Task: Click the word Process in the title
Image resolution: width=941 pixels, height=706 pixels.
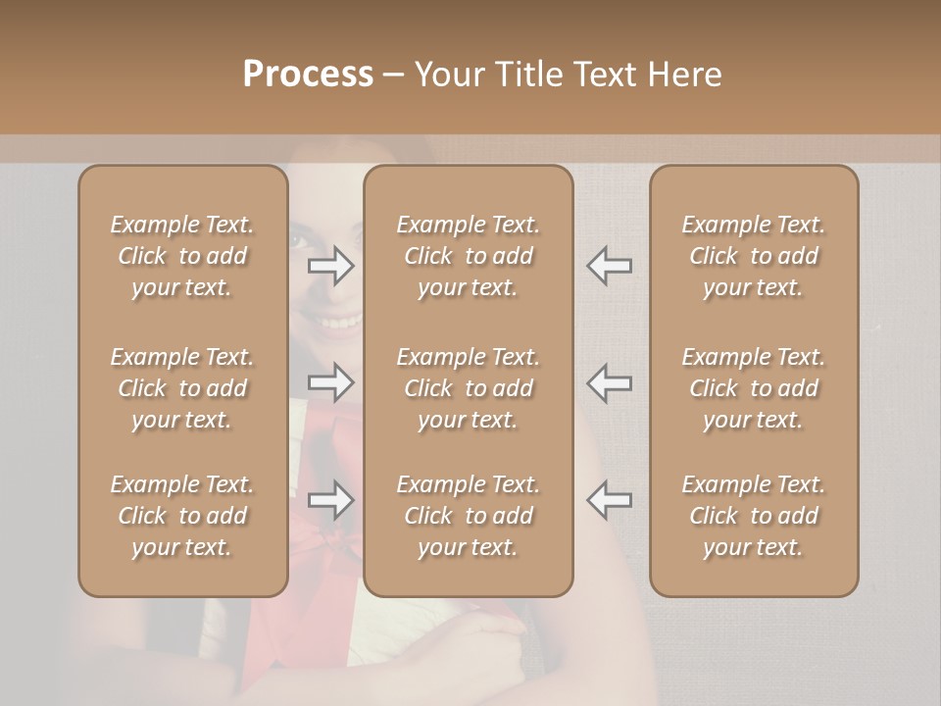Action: (x=308, y=75)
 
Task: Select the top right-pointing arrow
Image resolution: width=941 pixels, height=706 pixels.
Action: (x=331, y=266)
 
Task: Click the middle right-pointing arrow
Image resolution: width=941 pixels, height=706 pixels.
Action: (x=331, y=382)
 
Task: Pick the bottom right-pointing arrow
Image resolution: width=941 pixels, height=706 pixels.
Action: (x=331, y=500)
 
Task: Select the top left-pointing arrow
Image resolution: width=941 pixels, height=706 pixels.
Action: (x=609, y=266)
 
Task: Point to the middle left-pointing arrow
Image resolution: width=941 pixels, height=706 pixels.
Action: (x=609, y=382)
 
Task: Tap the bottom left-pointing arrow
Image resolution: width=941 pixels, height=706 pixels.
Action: (x=609, y=500)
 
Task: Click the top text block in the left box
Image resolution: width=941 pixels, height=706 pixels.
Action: (x=182, y=256)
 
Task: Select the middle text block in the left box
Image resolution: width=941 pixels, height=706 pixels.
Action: (x=182, y=388)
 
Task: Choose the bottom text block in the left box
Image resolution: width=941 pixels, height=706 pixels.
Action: (x=182, y=516)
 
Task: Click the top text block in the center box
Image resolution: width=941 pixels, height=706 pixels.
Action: (x=468, y=256)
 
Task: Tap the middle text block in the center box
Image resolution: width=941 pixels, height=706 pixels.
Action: (x=468, y=388)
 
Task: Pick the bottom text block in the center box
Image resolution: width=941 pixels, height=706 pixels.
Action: (x=468, y=516)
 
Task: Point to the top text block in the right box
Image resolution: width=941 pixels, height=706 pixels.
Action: (x=753, y=256)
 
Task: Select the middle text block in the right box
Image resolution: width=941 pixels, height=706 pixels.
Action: (x=753, y=388)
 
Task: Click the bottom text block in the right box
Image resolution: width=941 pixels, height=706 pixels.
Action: (x=753, y=516)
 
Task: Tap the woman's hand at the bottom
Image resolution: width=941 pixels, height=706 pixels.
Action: (x=490, y=652)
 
